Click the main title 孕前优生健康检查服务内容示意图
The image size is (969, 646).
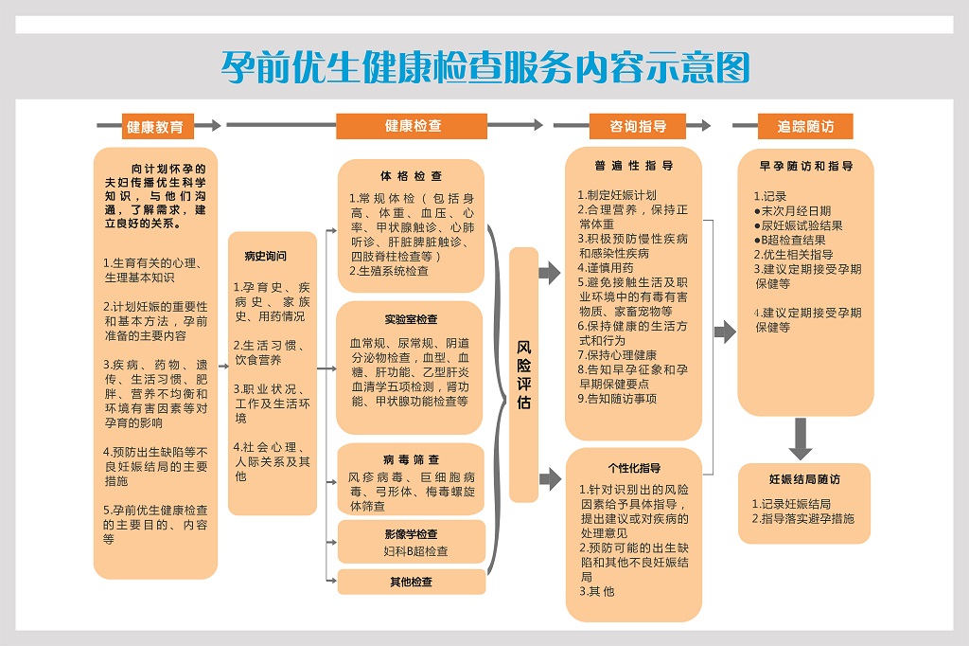485,67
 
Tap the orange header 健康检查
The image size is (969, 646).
412,126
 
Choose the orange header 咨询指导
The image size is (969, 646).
638,126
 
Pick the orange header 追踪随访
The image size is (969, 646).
805,126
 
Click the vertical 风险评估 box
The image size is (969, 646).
524,374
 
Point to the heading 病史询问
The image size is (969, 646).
266,256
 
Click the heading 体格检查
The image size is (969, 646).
411,176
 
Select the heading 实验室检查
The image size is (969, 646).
411,319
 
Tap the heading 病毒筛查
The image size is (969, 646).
411,459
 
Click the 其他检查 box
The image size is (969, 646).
412,582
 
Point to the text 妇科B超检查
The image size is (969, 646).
415,551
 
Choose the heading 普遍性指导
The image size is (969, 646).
633,166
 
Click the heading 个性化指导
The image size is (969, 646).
634,469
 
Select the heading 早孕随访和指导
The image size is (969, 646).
806,166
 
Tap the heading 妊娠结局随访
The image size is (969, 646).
804,479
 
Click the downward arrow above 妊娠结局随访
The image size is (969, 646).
801,439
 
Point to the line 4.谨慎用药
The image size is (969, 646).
606,268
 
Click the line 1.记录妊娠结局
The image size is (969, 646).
791,504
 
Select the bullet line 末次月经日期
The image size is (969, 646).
793,211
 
